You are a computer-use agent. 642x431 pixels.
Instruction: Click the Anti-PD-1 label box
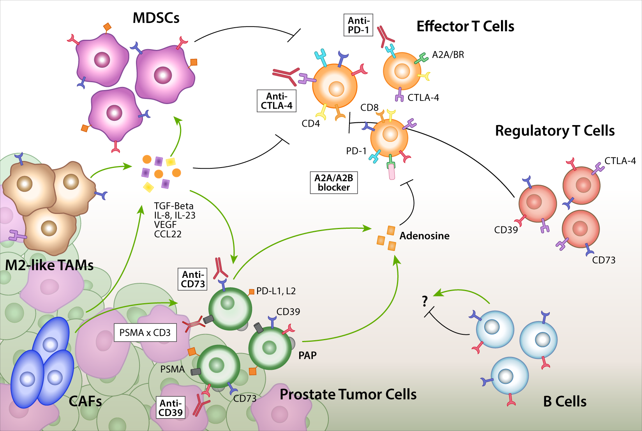358,25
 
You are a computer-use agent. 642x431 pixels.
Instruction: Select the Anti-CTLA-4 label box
276,101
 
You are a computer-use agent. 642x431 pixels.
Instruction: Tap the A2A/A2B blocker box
333,183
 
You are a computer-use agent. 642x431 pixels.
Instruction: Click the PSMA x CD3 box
145,333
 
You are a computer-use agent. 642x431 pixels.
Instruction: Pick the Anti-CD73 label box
192,279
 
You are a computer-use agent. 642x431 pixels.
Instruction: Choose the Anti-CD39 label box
170,408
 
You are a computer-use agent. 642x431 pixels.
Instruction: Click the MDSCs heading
156,18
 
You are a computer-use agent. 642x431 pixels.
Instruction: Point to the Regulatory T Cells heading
554,131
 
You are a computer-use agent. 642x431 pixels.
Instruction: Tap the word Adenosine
424,236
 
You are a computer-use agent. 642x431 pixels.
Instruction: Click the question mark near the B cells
425,301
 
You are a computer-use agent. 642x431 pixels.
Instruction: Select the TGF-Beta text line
174,206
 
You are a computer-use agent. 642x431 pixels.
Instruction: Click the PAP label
307,355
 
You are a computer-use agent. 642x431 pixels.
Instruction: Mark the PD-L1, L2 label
276,291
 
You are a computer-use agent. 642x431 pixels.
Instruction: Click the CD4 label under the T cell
310,124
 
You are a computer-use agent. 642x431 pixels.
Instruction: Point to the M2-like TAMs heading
49,265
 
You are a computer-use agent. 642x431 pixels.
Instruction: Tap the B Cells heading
564,401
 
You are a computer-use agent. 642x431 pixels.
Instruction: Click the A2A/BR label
448,55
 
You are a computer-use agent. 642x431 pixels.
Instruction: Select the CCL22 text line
168,234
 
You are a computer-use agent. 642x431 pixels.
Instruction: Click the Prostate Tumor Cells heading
348,394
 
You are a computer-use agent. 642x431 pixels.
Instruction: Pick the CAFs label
85,401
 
